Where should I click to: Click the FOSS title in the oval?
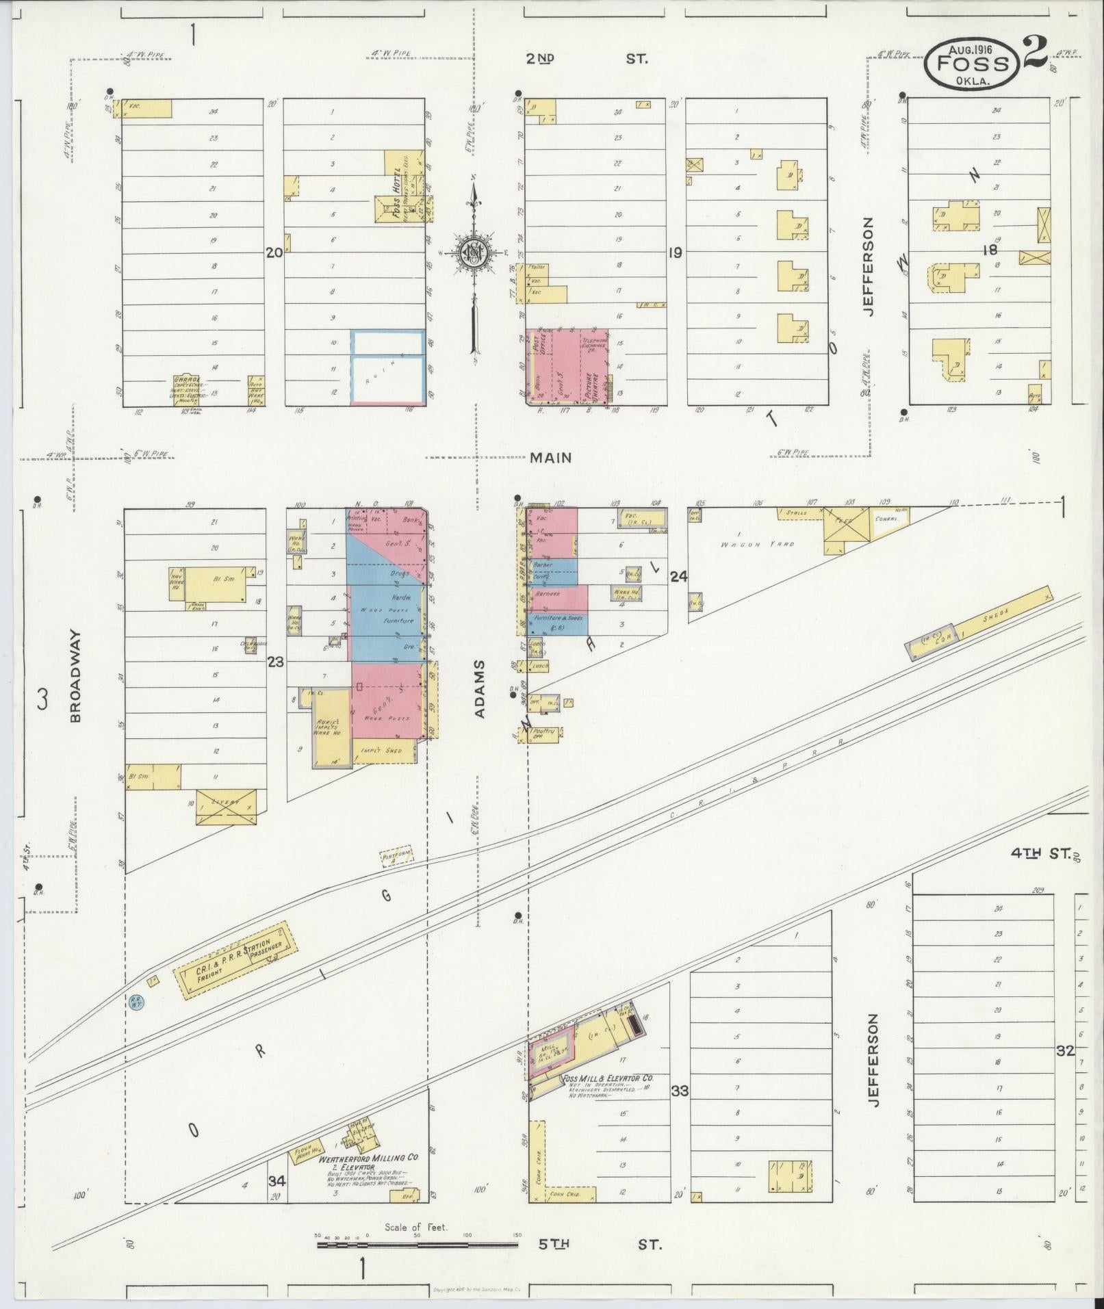(973, 64)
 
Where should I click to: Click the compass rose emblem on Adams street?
(472, 252)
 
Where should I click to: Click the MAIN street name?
(550, 458)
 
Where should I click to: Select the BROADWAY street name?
(75, 676)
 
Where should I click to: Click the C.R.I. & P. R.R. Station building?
(236, 960)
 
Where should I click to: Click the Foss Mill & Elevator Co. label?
(606, 1079)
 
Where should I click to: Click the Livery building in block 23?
(227, 806)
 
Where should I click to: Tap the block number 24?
(678, 577)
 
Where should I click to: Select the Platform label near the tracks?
(396, 855)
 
